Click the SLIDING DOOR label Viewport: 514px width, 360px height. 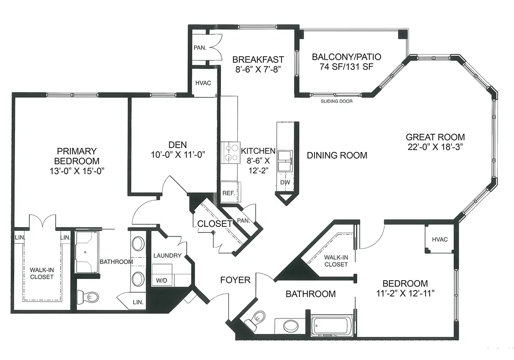coord(336,101)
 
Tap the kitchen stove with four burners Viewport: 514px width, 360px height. coord(230,153)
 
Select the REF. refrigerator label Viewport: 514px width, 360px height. coord(229,193)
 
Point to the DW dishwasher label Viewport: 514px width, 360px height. coord(285,182)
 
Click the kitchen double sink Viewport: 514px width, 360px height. coord(285,161)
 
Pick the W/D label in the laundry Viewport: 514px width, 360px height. coord(161,280)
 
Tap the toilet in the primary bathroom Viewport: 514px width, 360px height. coord(88,297)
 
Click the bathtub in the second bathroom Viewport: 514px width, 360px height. coord(332,326)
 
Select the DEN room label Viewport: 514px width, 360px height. coord(178,145)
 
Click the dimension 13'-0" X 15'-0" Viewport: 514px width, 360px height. coord(77,171)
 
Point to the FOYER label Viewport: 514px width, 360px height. coord(235,280)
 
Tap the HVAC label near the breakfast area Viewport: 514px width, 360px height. coord(203,83)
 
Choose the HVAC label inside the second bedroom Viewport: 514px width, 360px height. coord(439,240)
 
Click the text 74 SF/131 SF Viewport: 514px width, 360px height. coord(347,67)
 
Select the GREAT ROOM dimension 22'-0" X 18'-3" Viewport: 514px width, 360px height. coord(435,147)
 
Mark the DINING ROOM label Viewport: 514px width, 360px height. coord(337,156)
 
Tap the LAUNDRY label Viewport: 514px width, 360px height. coord(167,255)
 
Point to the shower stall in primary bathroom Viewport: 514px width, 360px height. coord(87,252)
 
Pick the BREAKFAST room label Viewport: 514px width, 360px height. coord(258,60)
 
